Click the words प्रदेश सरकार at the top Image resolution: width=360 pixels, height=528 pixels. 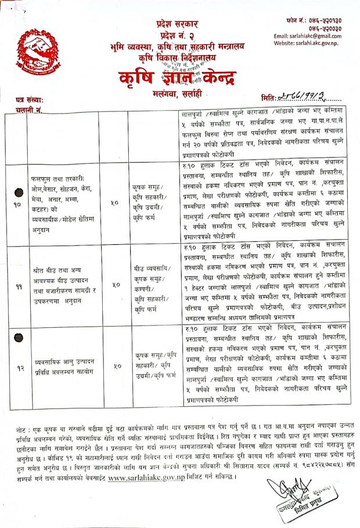[178, 24]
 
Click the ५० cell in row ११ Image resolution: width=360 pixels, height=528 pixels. [116, 285]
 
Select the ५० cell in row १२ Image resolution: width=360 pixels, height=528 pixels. [116, 366]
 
